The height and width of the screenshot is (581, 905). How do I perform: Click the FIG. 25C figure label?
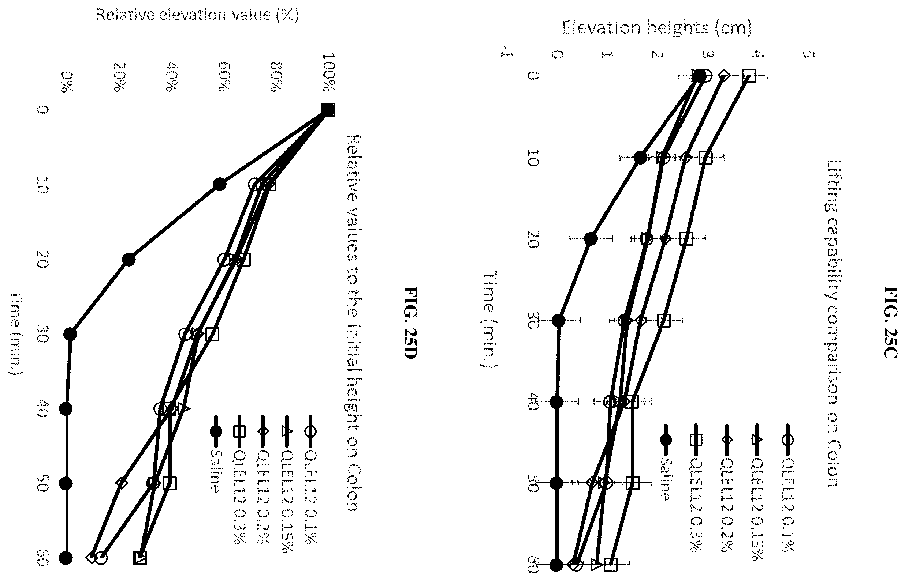(891, 322)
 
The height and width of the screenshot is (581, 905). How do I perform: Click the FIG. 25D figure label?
(410, 322)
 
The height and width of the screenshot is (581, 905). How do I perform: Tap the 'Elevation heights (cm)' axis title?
(656, 27)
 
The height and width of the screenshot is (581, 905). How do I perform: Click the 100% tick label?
(329, 72)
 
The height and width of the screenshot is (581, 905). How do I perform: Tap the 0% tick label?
(66, 82)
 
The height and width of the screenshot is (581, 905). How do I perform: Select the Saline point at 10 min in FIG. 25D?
(219, 185)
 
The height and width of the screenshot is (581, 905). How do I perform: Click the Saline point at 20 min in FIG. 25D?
(129, 260)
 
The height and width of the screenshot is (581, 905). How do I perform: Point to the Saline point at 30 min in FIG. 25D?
(70, 334)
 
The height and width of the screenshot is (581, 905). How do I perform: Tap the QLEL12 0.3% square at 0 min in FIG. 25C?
(749, 76)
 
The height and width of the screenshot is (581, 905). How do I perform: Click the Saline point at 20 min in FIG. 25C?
(591, 239)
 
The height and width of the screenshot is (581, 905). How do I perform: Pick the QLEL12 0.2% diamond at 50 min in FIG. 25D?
(122, 483)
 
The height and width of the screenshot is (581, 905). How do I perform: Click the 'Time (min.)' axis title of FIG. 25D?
(16, 333)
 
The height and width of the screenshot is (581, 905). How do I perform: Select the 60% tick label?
(224, 77)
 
